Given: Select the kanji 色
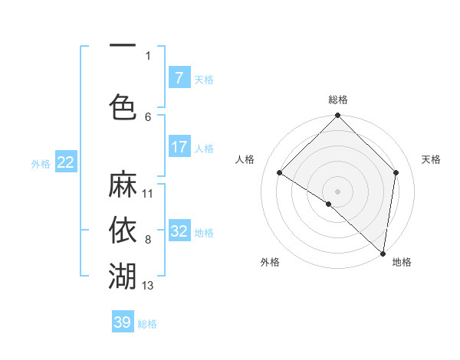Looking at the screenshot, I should [x=123, y=106].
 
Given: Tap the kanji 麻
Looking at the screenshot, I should [x=123, y=185].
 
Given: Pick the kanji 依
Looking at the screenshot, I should [x=123, y=229].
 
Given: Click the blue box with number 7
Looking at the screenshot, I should [x=179, y=77].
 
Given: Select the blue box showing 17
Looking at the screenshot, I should [x=179, y=147].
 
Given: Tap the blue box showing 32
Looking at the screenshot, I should [x=179, y=231].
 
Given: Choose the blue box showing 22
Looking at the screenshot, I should [x=66, y=162].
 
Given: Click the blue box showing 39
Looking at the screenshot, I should [x=123, y=322].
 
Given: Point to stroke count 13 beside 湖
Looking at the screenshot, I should [x=148, y=286].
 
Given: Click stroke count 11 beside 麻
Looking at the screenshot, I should [x=148, y=194].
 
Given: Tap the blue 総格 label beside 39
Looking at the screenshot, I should [x=147, y=324].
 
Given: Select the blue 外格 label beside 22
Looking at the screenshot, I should [x=41, y=163].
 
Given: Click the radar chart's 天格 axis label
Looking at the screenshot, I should [x=431, y=159].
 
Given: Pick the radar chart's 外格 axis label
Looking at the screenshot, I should [x=270, y=262].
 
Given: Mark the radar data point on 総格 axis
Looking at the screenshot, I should [x=337, y=116].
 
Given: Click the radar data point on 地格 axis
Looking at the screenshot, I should [x=383, y=253].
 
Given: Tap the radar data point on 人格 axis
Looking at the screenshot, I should [x=280, y=173].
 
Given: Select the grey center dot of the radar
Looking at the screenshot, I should [x=337, y=191].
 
